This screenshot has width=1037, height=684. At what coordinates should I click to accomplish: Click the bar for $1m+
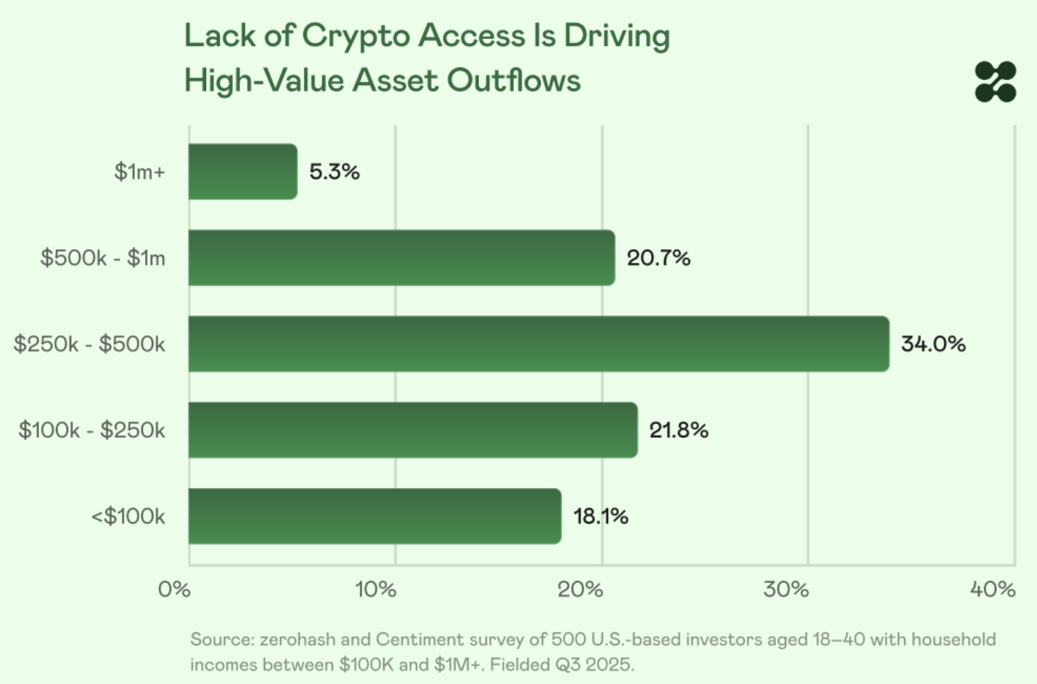(242, 172)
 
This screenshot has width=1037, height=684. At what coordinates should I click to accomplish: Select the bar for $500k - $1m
(401, 258)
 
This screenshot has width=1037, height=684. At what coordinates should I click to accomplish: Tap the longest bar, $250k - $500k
(538, 344)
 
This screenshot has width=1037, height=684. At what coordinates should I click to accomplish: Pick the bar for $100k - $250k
(413, 430)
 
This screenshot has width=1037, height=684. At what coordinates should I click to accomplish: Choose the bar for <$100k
(374, 516)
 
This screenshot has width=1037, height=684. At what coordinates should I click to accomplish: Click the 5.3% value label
(335, 172)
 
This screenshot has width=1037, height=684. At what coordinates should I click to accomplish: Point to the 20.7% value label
(658, 258)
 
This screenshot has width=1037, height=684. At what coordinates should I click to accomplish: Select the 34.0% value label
(933, 344)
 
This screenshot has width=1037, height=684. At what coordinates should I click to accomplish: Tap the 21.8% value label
(679, 430)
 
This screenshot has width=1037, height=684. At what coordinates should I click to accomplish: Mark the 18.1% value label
(601, 516)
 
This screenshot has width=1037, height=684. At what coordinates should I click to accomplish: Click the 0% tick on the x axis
(174, 589)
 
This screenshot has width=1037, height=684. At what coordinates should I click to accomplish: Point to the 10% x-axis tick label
(376, 589)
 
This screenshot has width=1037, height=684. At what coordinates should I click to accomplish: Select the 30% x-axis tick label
(786, 589)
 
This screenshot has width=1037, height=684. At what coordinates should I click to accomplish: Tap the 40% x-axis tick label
(993, 589)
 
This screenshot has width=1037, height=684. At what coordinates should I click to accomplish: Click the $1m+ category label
(140, 172)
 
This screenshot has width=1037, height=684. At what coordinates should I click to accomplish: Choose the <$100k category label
(128, 516)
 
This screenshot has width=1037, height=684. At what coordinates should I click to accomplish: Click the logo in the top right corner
(996, 81)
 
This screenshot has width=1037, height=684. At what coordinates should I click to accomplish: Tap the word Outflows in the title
(514, 81)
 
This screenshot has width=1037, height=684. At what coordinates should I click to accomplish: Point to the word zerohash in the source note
(298, 640)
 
